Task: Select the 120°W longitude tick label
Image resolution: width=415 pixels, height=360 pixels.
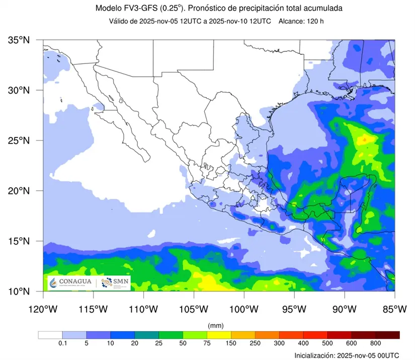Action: (x=43, y=308)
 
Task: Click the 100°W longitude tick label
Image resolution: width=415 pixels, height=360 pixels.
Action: (x=244, y=308)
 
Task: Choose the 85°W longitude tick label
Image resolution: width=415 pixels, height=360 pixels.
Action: (x=394, y=308)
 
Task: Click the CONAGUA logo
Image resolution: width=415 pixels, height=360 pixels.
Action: (x=72, y=282)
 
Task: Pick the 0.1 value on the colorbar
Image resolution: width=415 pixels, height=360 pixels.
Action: (x=62, y=344)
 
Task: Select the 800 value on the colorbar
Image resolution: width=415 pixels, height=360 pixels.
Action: (x=376, y=344)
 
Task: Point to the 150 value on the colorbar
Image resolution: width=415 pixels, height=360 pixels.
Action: (x=231, y=344)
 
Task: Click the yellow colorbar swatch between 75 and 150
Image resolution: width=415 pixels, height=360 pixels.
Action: (x=219, y=335)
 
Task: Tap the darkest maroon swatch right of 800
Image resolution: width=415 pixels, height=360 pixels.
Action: (x=387, y=335)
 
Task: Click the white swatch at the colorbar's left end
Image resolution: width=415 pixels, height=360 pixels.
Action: (x=50, y=335)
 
